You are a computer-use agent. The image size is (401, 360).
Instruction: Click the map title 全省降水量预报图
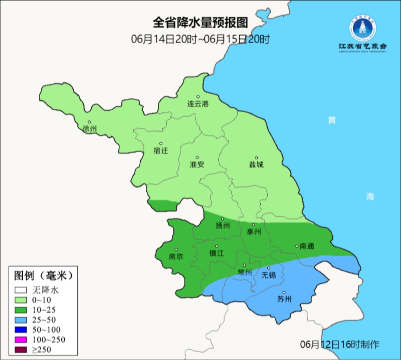[x=200, y=23]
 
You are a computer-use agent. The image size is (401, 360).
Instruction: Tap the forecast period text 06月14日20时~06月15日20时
[x=200, y=39]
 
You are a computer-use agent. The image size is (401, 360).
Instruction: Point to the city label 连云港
[x=198, y=104]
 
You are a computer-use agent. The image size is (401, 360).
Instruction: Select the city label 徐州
[x=89, y=129]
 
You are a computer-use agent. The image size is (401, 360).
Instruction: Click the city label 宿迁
[x=161, y=150]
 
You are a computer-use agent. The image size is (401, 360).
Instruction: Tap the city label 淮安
[x=197, y=164]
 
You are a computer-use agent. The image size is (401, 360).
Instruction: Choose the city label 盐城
[x=256, y=164]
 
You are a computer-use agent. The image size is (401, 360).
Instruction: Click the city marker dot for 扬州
[x=222, y=219]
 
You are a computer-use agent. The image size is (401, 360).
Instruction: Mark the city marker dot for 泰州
[x=254, y=225]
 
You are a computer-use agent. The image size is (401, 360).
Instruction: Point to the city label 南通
[x=307, y=246]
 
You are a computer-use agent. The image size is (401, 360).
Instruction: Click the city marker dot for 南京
[x=176, y=250]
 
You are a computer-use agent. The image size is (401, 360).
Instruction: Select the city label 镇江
[x=216, y=253]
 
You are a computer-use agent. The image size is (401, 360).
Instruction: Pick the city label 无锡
[x=269, y=275]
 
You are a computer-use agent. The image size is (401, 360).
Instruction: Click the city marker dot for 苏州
[x=284, y=292]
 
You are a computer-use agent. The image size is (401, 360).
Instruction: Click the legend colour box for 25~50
[x=21, y=320]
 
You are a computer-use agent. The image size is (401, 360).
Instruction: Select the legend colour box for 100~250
[x=21, y=340]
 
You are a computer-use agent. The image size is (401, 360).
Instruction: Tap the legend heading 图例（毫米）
[x=43, y=276]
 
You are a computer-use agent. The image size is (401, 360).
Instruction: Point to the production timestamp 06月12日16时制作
[x=340, y=344]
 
